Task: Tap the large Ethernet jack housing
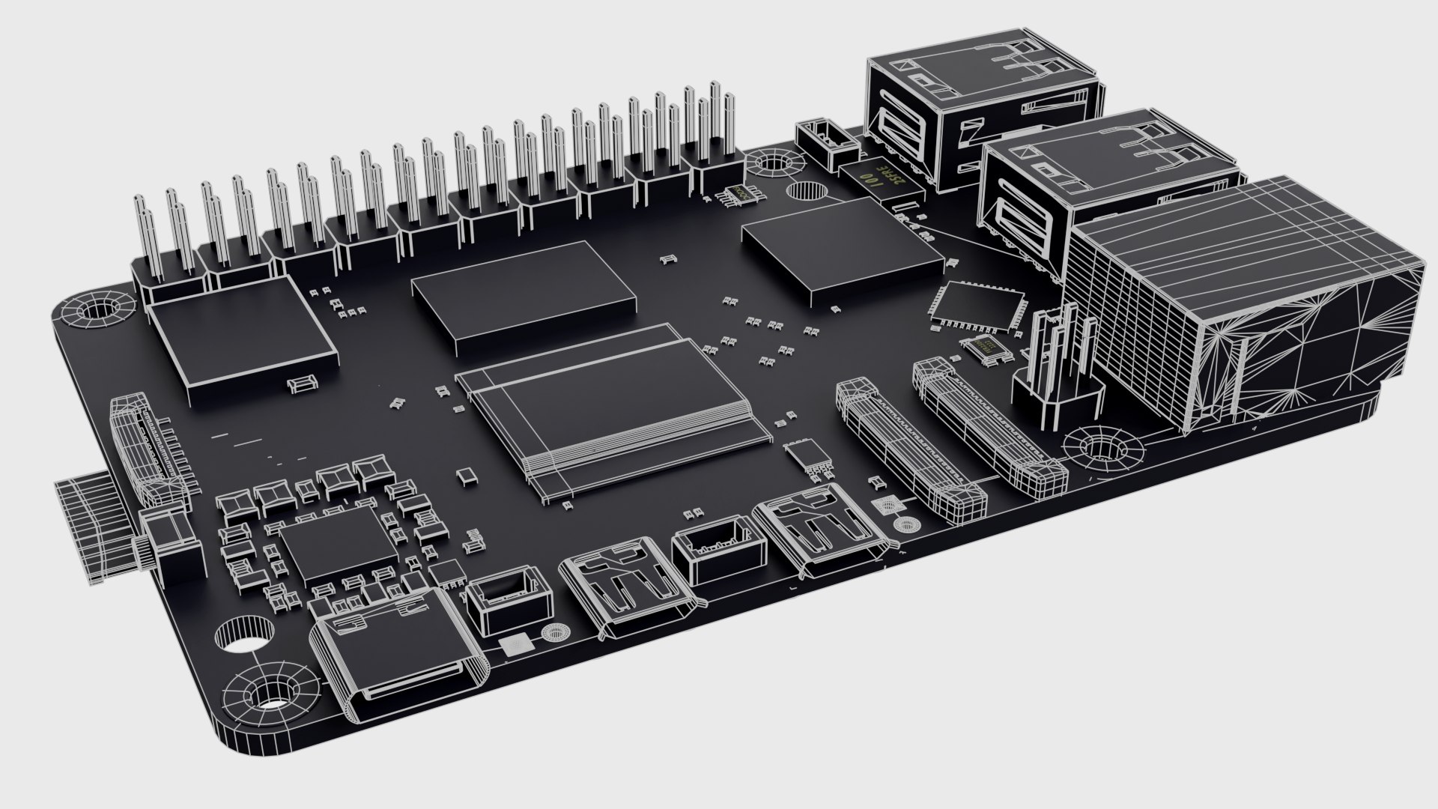tap(1243, 315)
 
